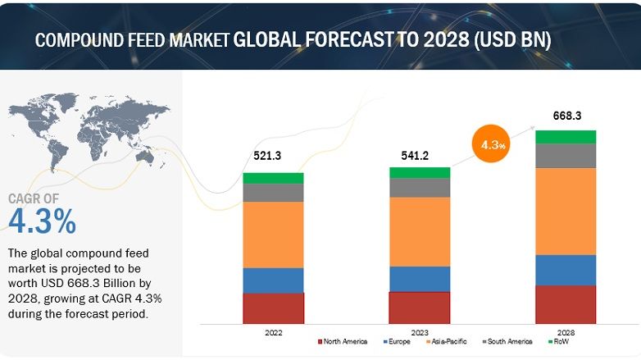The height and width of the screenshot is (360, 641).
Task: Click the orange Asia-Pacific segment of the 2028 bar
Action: tap(566, 211)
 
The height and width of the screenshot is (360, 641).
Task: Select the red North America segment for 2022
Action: tap(273, 308)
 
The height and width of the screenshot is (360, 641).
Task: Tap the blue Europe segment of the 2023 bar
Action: tap(419, 279)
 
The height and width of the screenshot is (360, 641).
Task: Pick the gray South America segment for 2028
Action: tap(566, 156)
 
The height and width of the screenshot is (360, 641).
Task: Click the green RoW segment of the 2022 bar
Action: tap(273, 178)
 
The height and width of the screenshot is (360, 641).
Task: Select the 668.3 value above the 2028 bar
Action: tap(566, 116)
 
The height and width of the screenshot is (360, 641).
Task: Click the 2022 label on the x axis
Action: tap(273, 331)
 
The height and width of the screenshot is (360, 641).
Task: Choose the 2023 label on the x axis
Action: tap(419, 331)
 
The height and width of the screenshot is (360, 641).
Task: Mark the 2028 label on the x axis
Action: tap(566, 331)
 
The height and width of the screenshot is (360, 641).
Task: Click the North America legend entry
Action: tap(343, 341)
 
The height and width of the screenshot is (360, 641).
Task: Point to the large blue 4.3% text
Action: tap(42, 221)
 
